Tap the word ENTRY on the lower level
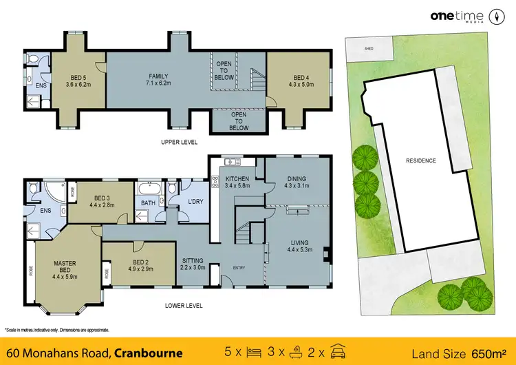click(x=238, y=267)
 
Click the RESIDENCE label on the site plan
click(x=421, y=160)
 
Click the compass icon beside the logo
click(x=495, y=16)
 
